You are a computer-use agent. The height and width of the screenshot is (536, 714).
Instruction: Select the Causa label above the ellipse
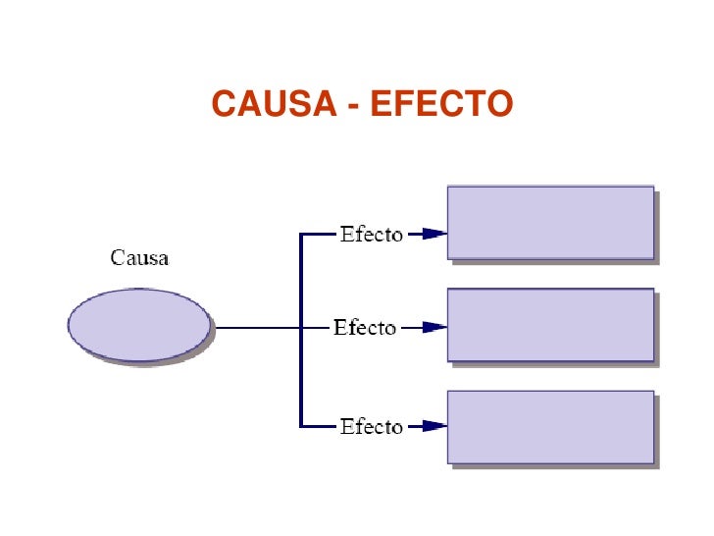139,258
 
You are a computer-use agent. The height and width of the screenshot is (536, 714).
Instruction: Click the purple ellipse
139,325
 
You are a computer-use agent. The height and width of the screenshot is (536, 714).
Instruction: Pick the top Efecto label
371,235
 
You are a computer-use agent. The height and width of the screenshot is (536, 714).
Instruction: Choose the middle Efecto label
365,327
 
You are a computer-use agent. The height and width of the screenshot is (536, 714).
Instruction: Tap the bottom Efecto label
371,426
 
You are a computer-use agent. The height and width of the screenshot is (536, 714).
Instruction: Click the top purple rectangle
550,223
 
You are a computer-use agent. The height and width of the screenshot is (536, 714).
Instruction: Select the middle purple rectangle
550,324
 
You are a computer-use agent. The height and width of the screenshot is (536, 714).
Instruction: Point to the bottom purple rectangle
550,426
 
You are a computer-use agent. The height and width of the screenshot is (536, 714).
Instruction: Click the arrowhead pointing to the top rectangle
434,235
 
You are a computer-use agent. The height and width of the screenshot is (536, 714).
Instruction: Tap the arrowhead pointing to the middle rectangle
434,327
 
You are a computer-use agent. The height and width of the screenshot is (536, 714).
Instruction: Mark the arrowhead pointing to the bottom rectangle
434,426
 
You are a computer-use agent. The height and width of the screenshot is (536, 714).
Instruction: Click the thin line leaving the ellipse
255,327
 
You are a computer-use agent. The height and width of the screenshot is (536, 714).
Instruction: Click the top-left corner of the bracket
301,235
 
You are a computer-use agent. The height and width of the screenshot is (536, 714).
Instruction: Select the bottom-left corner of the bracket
301,426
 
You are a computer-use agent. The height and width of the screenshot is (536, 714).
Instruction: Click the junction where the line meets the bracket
301,327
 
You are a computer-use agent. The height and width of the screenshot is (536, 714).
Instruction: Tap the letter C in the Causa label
117,258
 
